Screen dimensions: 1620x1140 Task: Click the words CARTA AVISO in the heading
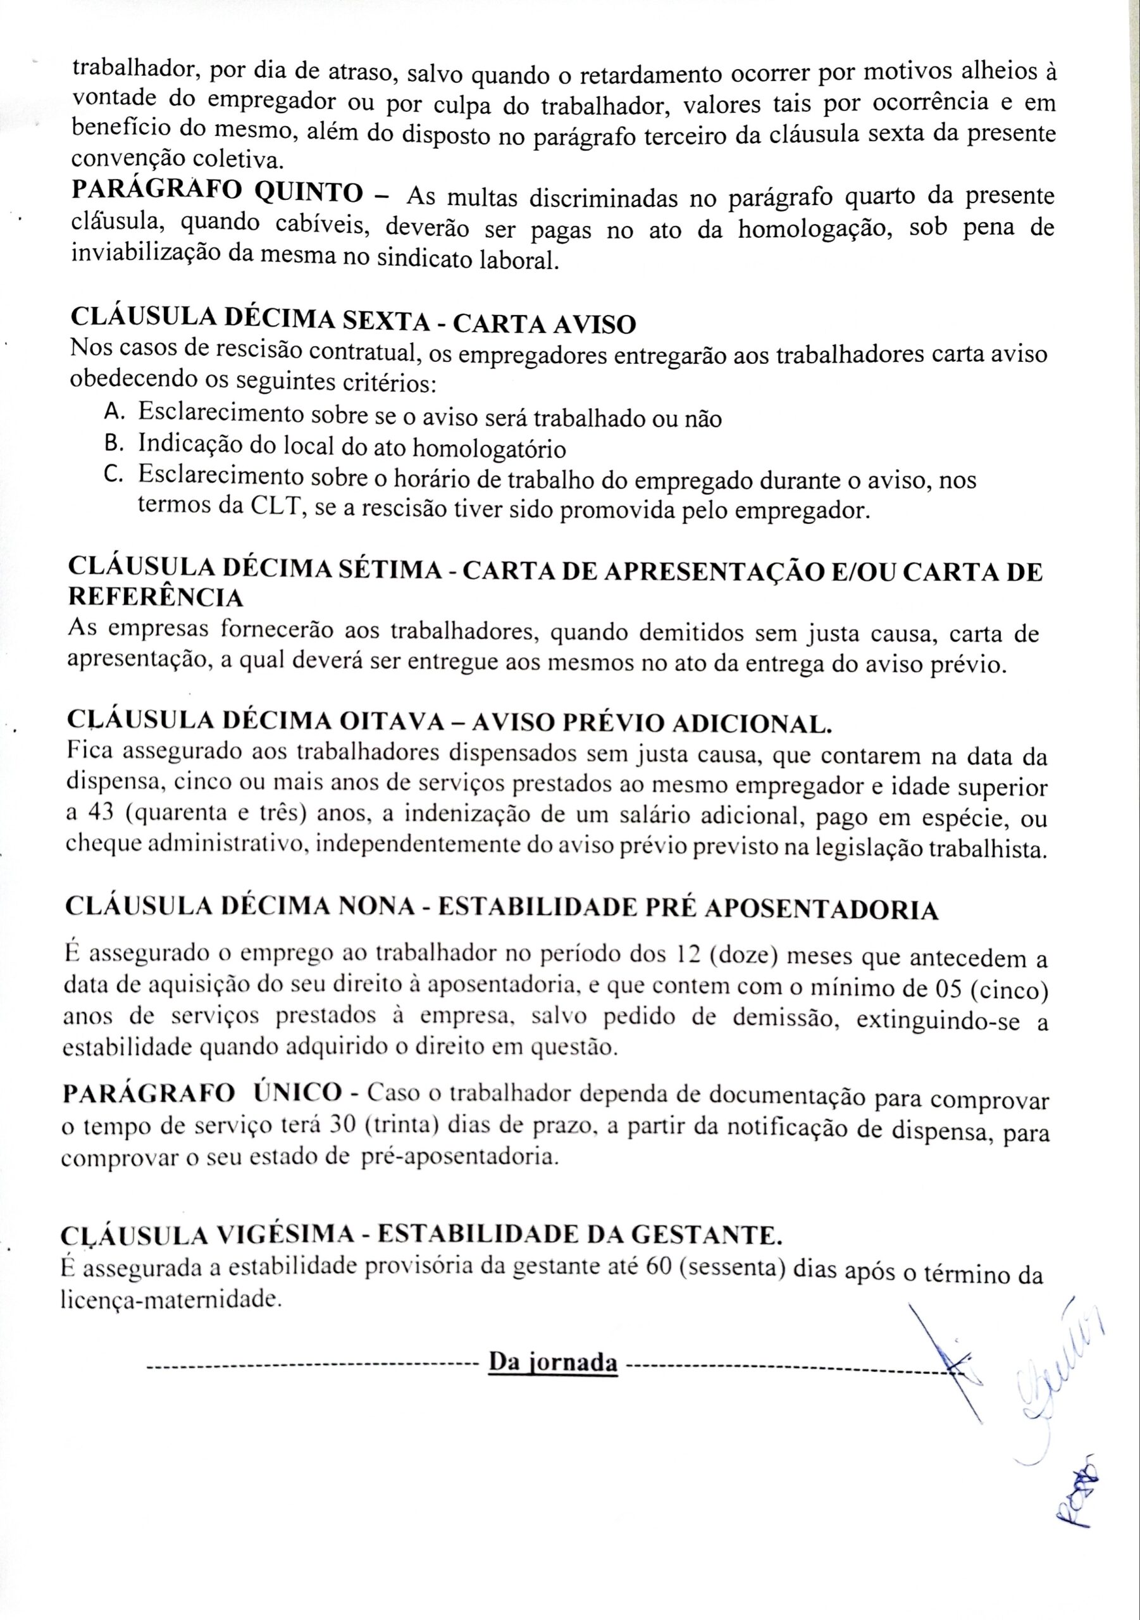pyautogui.click(x=544, y=324)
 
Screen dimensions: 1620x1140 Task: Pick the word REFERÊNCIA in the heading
pyautogui.click(x=155, y=597)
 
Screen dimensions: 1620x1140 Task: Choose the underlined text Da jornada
pyautogui.click(x=553, y=1361)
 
